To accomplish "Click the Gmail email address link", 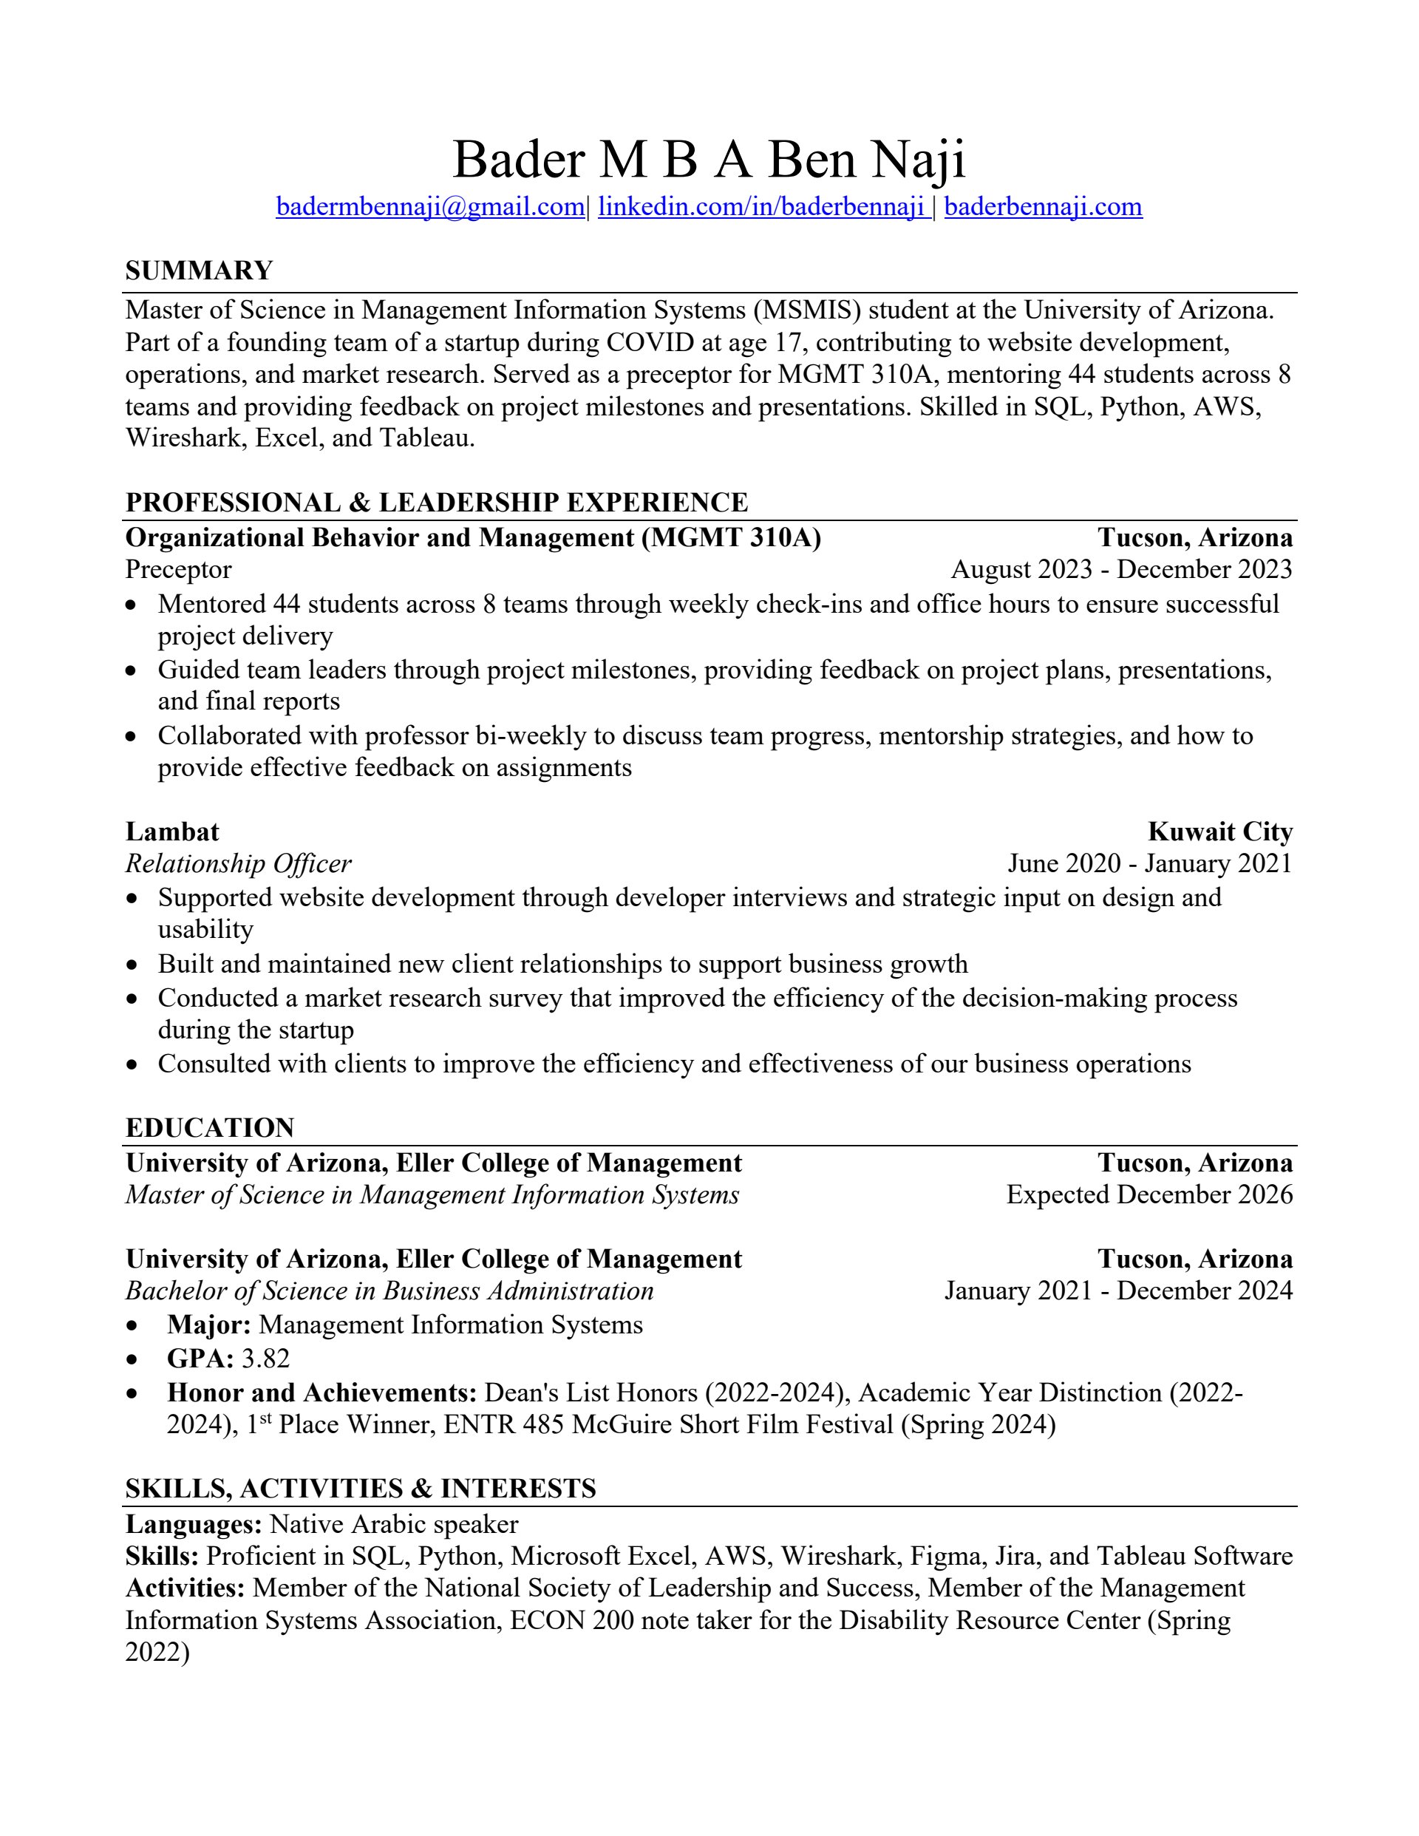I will [x=429, y=207].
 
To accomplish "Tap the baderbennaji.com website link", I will [x=1042, y=207].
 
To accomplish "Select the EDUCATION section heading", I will [x=210, y=1127].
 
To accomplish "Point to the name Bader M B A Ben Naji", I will [x=709, y=159].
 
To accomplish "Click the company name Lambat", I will [x=172, y=832].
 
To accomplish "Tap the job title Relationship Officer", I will [x=238, y=863].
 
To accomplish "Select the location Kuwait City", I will [x=1219, y=832].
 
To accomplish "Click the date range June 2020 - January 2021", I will [x=1149, y=863].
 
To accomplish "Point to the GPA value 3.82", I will [x=265, y=1358].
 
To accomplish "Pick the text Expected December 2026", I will [x=1149, y=1194].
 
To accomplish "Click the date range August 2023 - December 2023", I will [x=1121, y=569].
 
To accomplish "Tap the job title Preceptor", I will [x=178, y=569].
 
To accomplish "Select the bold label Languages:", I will [x=194, y=1524].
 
